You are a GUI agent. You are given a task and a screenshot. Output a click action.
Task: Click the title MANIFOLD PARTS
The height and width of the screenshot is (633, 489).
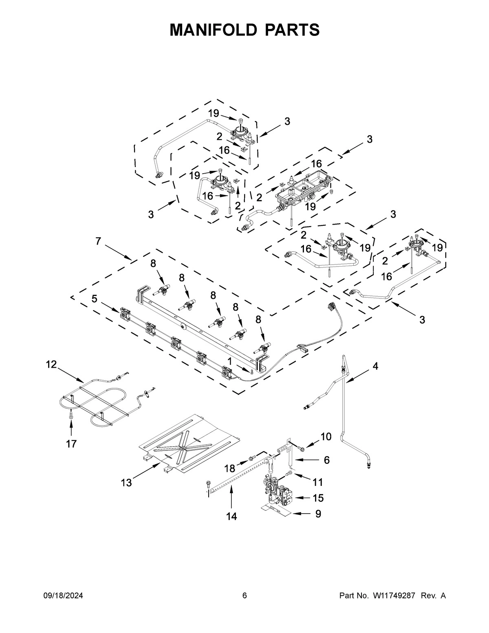244,30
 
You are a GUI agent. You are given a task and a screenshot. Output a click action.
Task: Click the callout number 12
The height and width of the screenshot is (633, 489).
51,364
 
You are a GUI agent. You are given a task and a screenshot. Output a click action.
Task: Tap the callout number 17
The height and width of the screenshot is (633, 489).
71,444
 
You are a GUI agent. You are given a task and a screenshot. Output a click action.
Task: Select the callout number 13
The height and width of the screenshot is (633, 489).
126,483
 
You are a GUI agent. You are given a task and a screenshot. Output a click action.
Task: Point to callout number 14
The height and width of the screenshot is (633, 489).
231,516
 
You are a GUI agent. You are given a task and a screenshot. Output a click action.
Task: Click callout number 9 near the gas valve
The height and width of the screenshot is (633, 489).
318,514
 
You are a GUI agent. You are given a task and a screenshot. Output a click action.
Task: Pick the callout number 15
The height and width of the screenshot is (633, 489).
318,498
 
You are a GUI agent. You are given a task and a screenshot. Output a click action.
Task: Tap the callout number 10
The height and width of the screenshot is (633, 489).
326,437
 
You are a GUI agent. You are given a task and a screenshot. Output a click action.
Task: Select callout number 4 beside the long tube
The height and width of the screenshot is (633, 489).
375,366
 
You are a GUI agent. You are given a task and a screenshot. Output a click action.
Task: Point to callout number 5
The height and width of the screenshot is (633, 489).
94,299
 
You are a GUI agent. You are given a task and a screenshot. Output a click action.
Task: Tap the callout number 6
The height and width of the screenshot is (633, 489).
326,460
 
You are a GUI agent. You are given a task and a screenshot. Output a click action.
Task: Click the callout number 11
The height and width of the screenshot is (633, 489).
317,482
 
